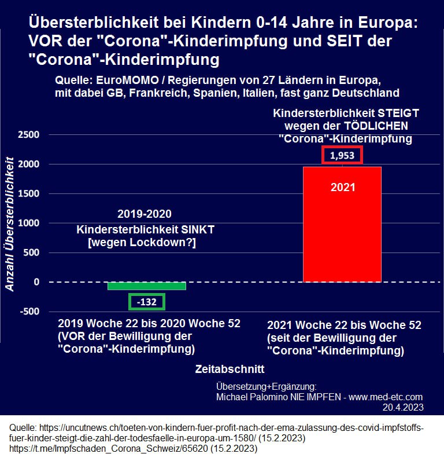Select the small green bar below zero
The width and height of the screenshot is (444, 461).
tap(147, 286)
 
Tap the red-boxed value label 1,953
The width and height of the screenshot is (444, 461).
tap(342, 155)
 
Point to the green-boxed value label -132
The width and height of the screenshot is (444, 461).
tap(146, 302)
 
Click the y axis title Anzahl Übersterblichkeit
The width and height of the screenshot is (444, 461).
tap(10, 226)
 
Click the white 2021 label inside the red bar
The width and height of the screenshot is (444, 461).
tap(342, 187)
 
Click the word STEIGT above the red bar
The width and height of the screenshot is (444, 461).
tap(396, 112)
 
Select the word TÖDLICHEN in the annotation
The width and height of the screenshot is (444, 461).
tap(379, 125)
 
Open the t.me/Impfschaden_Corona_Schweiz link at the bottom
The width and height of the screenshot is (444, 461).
tap(109, 448)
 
